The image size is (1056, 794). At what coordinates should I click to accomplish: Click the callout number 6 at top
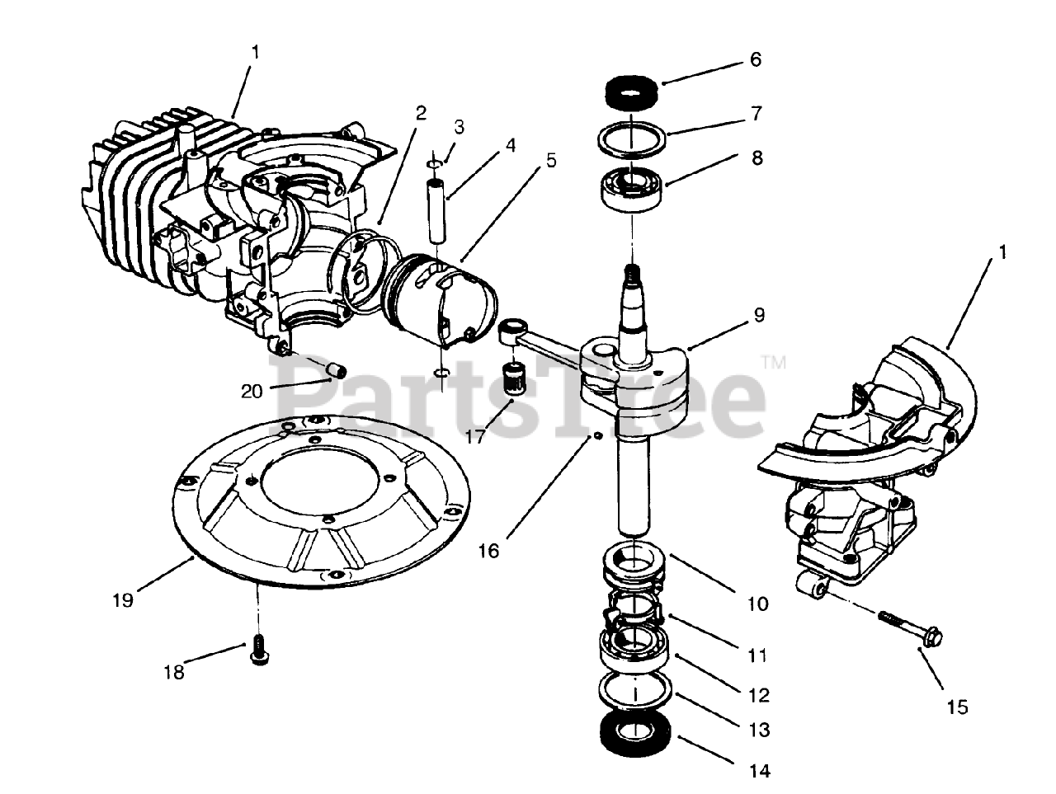(755, 60)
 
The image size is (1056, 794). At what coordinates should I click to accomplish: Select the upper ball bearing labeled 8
(633, 185)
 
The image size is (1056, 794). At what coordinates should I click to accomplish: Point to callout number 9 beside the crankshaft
(758, 315)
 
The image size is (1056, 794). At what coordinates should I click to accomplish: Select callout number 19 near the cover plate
(123, 600)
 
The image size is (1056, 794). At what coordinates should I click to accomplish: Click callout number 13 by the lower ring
(758, 730)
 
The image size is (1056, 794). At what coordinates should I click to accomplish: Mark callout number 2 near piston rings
(421, 113)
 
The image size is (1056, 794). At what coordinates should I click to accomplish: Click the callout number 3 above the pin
(459, 127)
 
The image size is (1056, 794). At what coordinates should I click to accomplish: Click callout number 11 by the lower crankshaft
(758, 656)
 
